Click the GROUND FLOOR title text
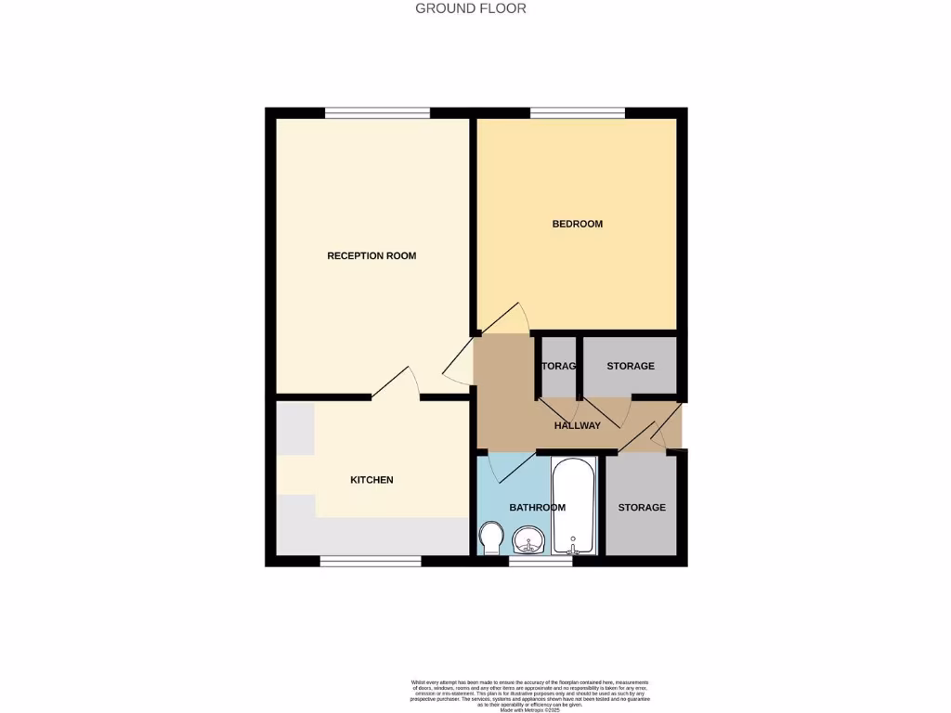click(470, 8)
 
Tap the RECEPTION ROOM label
click(371, 255)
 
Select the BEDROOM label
click(577, 224)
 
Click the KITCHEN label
click(371, 480)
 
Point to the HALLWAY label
click(577, 426)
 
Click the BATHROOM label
click(537, 507)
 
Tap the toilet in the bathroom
click(490, 536)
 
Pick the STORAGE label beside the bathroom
click(642, 507)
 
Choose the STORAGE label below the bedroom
click(631, 366)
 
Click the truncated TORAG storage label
click(559, 366)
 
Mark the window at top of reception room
click(377, 113)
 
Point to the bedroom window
click(577, 113)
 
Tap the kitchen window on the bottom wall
click(370, 561)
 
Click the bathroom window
click(541, 561)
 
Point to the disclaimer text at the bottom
click(530, 695)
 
